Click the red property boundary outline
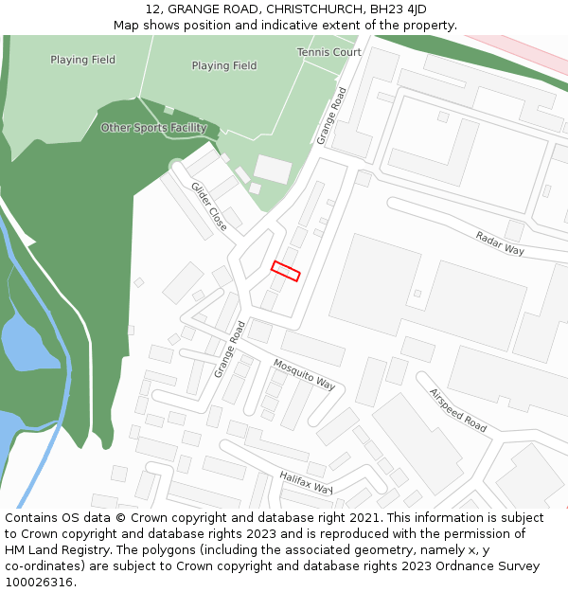(x=286, y=271)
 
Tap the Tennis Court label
(x=328, y=52)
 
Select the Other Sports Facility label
(x=153, y=128)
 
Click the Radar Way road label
(x=500, y=243)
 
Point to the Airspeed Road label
(x=457, y=410)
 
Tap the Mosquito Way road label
(x=304, y=374)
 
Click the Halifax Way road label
(x=306, y=483)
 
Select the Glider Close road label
(x=209, y=206)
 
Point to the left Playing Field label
(x=83, y=60)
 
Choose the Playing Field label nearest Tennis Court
(x=224, y=66)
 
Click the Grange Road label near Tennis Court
(x=332, y=116)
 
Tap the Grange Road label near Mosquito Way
(x=229, y=350)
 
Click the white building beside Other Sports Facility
(x=273, y=170)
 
